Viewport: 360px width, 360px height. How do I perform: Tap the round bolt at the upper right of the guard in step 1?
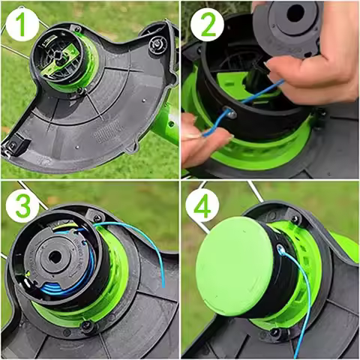coord(157,46)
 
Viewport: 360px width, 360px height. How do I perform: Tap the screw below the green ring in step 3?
coord(88,327)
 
